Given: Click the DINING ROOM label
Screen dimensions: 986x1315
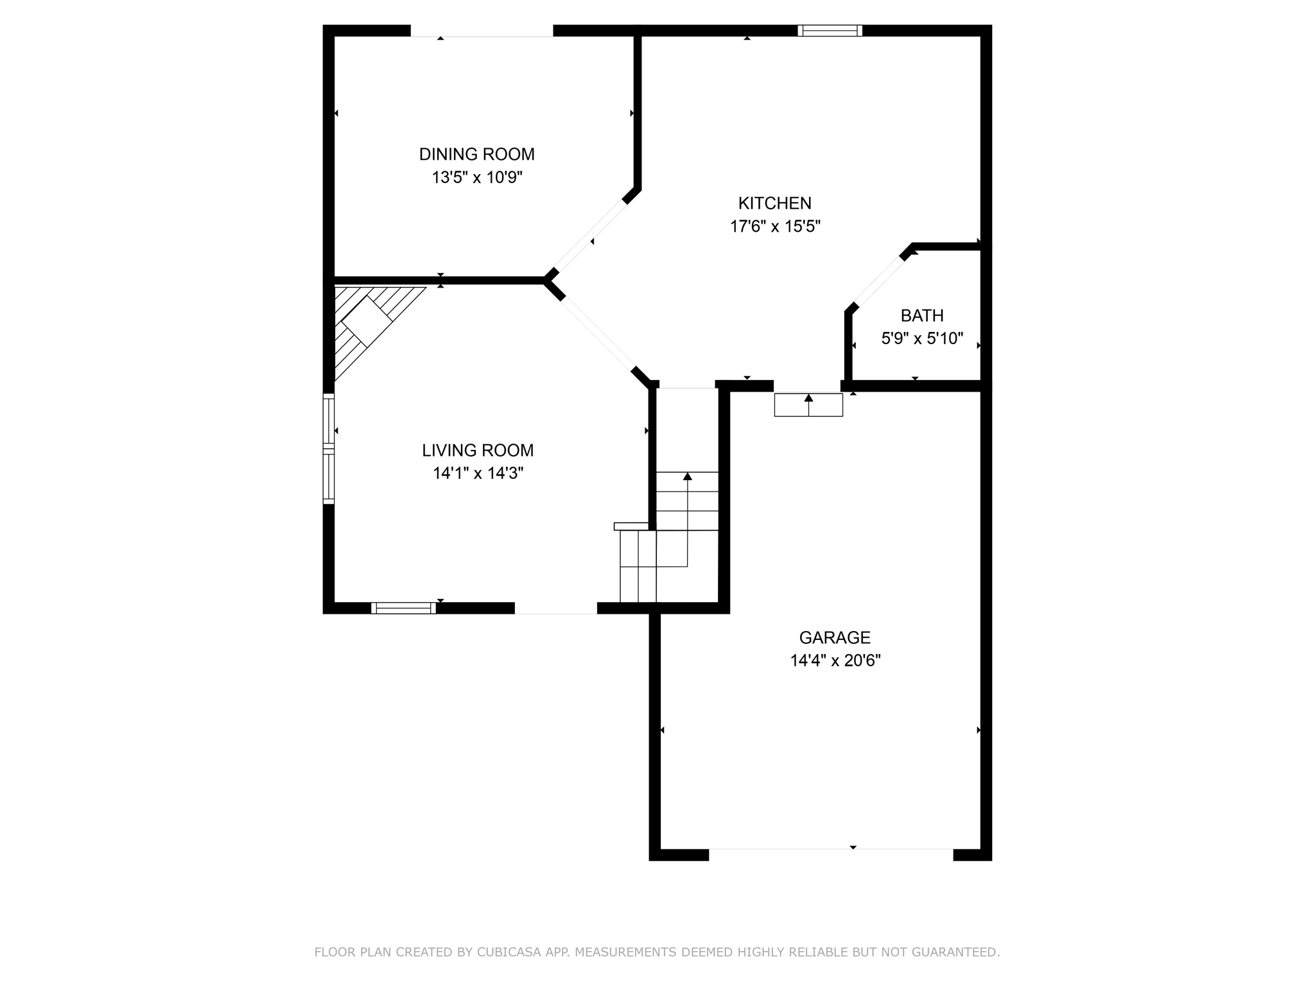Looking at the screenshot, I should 476,154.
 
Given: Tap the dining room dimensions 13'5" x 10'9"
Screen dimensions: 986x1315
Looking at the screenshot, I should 476,177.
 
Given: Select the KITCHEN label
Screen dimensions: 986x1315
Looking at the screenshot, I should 774,203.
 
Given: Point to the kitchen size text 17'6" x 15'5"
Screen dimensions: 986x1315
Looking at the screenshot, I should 775,226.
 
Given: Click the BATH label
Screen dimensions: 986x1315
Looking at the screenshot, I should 921,315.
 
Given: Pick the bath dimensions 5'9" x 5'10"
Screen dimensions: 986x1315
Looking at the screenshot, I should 921,338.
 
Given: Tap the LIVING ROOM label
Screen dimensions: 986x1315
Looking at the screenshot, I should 477,450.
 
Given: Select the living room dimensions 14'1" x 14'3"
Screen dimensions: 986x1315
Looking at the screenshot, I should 478,473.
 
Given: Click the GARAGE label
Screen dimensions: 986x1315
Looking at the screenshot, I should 834,637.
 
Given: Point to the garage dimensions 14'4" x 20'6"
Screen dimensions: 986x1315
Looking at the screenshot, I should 835,661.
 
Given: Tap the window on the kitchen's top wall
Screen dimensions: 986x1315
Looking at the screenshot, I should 830,30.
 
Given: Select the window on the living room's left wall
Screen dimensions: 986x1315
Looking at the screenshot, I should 328,448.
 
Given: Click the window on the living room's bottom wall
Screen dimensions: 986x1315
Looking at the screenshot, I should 403,608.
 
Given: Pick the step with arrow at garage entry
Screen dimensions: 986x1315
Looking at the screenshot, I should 808,404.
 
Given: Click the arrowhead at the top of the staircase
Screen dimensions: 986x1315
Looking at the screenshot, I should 687,476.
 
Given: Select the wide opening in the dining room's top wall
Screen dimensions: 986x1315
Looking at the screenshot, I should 482,31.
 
